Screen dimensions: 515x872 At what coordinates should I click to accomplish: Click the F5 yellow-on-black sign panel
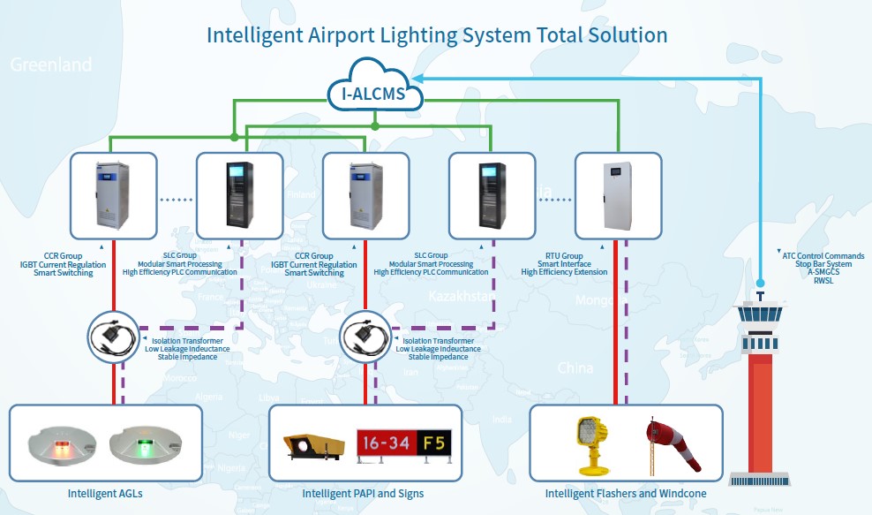pyautogui.click(x=432, y=442)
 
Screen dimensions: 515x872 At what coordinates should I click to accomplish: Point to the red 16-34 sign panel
pyautogui.click(x=385, y=442)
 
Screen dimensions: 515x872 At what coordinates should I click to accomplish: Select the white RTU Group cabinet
pyautogui.click(x=617, y=195)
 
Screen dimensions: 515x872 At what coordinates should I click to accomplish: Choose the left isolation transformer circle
pyautogui.click(x=113, y=336)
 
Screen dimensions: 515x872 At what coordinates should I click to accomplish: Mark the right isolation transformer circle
pyautogui.click(x=365, y=336)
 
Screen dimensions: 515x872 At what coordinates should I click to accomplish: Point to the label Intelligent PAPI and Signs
pyautogui.click(x=363, y=493)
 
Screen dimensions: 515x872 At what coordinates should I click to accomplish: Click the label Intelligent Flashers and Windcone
pyautogui.click(x=626, y=493)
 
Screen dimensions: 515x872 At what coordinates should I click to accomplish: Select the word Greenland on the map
pyautogui.click(x=50, y=64)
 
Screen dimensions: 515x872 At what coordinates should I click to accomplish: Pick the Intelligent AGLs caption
pyautogui.click(x=105, y=493)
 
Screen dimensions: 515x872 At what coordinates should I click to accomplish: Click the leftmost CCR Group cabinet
pyautogui.click(x=113, y=195)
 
